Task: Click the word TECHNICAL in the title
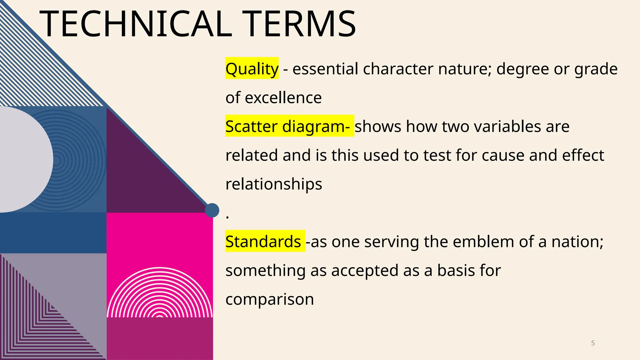(136, 24)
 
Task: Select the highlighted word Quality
(252, 69)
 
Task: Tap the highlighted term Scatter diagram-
(289, 126)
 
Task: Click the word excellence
(283, 98)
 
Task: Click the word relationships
(274, 184)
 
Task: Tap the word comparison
(270, 299)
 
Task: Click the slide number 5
(593, 343)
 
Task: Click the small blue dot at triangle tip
(212, 210)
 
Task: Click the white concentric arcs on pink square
(160, 297)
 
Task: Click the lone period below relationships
(227, 217)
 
